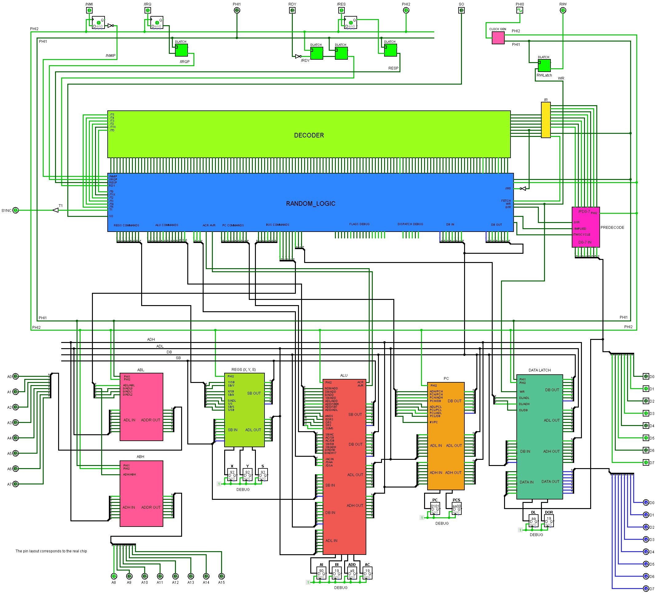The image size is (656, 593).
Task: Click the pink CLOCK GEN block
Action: tap(498, 38)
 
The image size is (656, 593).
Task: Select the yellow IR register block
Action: tap(546, 120)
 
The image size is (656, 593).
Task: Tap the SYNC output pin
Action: tap(15, 211)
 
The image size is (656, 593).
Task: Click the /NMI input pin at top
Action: tap(89, 10)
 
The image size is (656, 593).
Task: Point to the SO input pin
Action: tap(461, 10)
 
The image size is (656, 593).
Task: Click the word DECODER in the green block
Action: tap(309, 135)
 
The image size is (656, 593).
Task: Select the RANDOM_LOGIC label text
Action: tap(310, 204)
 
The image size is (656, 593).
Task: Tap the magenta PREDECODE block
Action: tap(586, 227)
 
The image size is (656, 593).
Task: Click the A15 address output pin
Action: tap(221, 576)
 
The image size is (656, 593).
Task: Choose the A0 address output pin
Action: tap(15, 376)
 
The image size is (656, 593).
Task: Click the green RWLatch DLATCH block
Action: tap(544, 66)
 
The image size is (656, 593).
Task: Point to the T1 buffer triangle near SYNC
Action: tap(56, 210)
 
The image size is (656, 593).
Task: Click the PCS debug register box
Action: tap(456, 508)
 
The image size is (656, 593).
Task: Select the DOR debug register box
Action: tap(549, 521)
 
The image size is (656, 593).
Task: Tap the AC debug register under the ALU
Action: tap(368, 573)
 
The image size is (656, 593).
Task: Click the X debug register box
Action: tap(232, 475)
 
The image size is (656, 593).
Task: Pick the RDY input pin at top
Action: tap(292, 10)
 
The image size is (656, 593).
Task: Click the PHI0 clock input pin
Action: tap(520, 10)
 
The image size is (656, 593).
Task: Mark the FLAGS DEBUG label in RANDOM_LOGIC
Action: tap(359, 224)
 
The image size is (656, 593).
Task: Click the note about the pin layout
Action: tap(51, 551)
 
